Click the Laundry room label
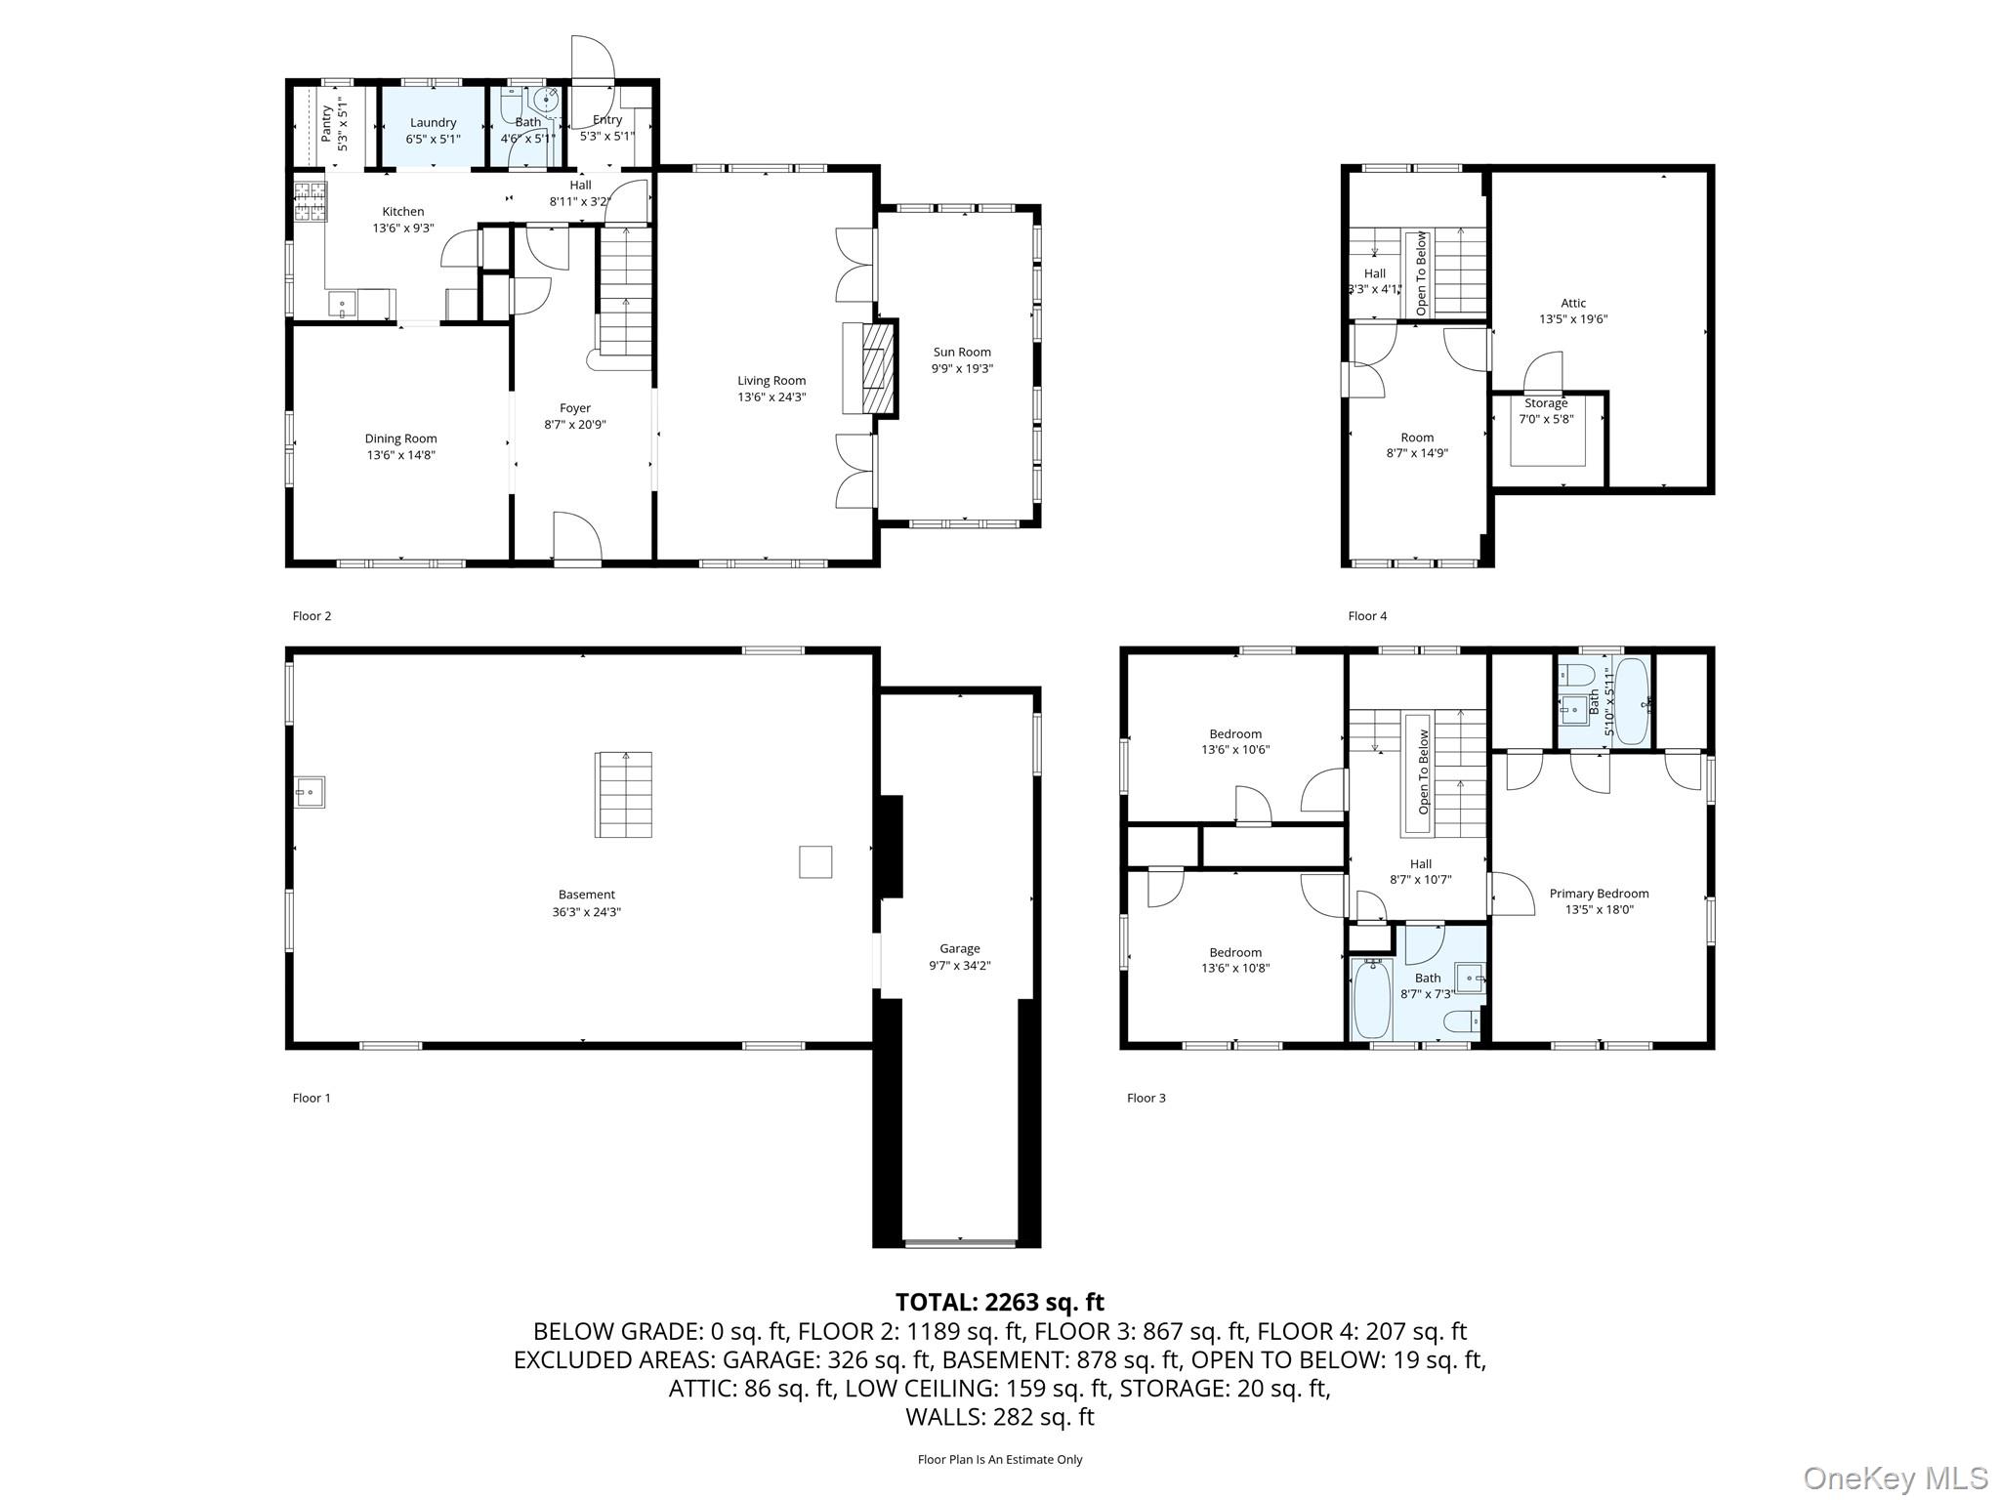[433, 123]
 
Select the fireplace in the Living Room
[876, 369]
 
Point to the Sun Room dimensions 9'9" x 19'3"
[961, 369]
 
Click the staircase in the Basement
[623, 795]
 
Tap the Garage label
[959, 948]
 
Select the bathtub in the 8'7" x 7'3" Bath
[1372, 998]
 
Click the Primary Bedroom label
[1599, 894]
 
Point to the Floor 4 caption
[1366, 616]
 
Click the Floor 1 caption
[312, 1098]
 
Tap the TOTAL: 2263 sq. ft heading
[999, 1302]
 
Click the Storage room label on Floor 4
[1545, 403]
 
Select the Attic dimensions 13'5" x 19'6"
[1573, 319]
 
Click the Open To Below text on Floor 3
[1423, 771]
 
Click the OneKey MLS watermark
[1895, 1478]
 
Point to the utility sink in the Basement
[311, 792]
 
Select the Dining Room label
[400, 438]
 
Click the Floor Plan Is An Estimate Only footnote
[999, 1459]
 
